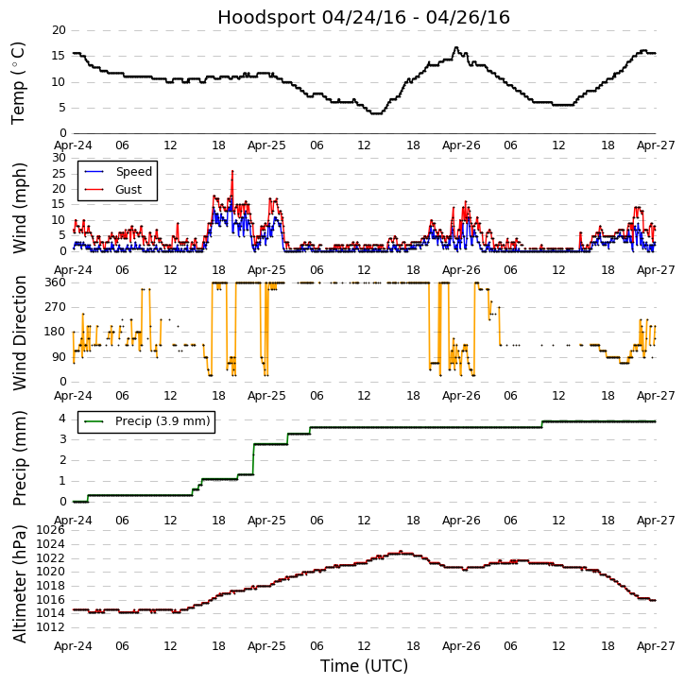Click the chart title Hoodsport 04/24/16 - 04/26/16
point(364,17)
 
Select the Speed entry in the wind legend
point(133,171)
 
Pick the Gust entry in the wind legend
point(128,190)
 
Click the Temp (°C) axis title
point(19,82)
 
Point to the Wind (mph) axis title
point(20,207)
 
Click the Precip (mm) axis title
point(20,457)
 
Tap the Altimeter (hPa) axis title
point(20,583)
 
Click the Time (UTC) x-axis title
point(364,666)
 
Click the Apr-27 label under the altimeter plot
point(655,645)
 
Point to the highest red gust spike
point(232,172)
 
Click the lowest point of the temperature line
point(376,113)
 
